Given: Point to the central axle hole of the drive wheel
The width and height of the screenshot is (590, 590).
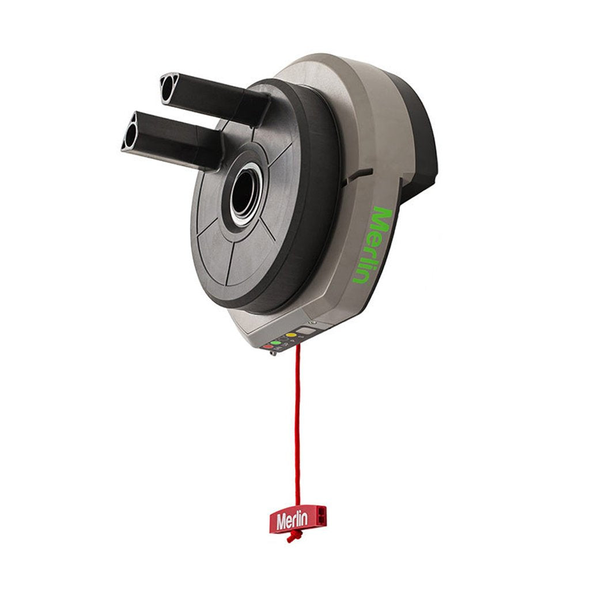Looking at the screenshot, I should pyautogui.click(x=243, y=196).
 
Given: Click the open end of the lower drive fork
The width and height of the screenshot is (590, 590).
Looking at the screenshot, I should pyautogui.click(x=129, y=131).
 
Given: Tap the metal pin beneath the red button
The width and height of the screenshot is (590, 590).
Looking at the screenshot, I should pyautogui.click(x=273, y=353).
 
